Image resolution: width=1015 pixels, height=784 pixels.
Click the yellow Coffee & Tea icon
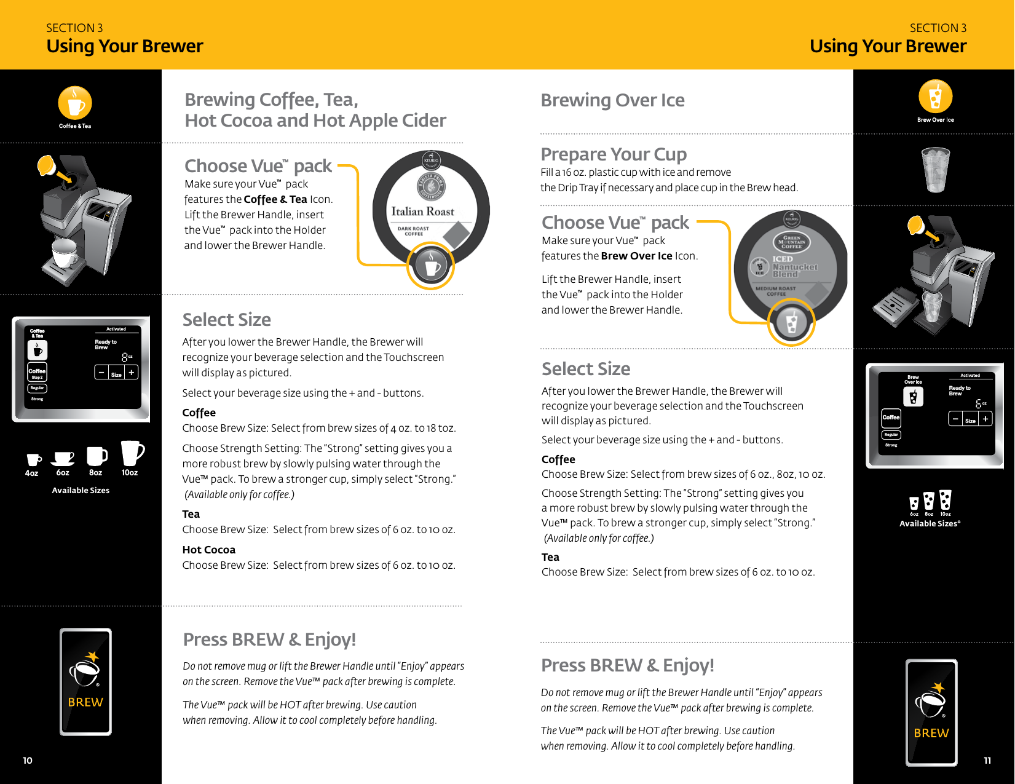[x=75, y=103]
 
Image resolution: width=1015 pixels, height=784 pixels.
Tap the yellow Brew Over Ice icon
[x=935, y=97]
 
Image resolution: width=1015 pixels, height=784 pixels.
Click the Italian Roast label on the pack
[x=423, y=212]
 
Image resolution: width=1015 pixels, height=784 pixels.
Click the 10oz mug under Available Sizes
[x=132, y=453]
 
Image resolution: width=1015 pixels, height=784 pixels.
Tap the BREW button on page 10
[x=85, y=681]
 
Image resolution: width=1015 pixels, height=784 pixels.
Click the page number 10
[x=28, y=761]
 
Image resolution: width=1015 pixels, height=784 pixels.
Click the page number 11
[x=987, y=761]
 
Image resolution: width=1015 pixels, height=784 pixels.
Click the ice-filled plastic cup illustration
[x=935, y=170]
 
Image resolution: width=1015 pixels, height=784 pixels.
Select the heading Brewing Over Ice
[x=612, y=100]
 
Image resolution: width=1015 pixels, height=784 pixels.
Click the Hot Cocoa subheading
[x=208, y=550]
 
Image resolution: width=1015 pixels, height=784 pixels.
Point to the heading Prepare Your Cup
[x=613, y=154]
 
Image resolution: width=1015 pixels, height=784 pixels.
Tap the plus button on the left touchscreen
[x=131, y=373]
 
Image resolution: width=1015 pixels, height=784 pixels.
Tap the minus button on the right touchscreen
[x=955, y=419]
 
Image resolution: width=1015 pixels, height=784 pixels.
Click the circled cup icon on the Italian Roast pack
[x=432, y=266]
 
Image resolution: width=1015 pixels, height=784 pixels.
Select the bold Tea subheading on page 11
[x=550, y=557]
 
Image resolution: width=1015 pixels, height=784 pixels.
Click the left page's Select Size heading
[x=226, y=320]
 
